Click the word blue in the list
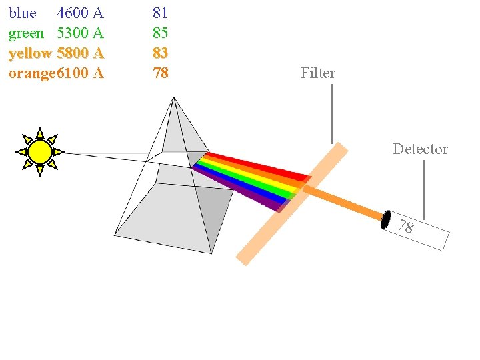pos(22,13)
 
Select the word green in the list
pos(26,33)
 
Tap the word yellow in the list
pos(30,53)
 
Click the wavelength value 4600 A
pos(80,13)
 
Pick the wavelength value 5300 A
pos(80,33)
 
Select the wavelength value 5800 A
pos(80,53)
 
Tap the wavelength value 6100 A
pos(80,73)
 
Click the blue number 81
pos(160,13)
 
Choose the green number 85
pos(160,33)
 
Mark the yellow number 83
pos(160,53)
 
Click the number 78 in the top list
pos(160,73)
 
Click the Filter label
pos(318,73)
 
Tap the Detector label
pos(420,149)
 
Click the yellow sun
pos(40,152)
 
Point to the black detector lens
pos(386,220)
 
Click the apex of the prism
pos(173,99)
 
